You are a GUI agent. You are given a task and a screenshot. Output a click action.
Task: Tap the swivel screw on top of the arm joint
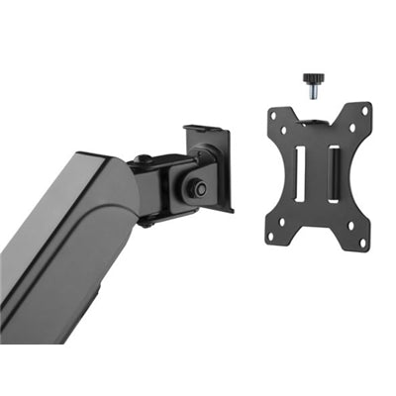pos(145,159)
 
